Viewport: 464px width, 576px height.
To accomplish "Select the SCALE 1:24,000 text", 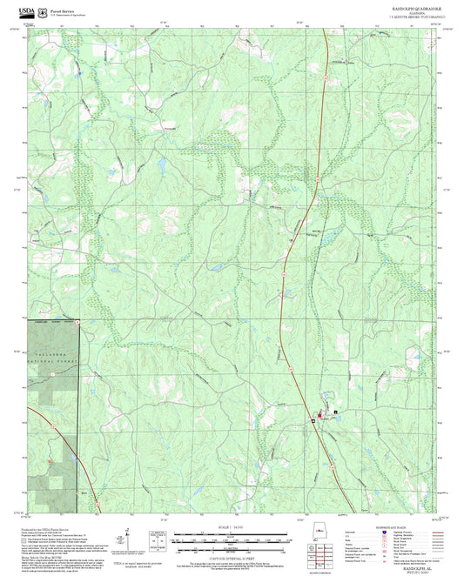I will (232, 527).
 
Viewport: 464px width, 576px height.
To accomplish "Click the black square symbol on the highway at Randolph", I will (313, 420).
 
